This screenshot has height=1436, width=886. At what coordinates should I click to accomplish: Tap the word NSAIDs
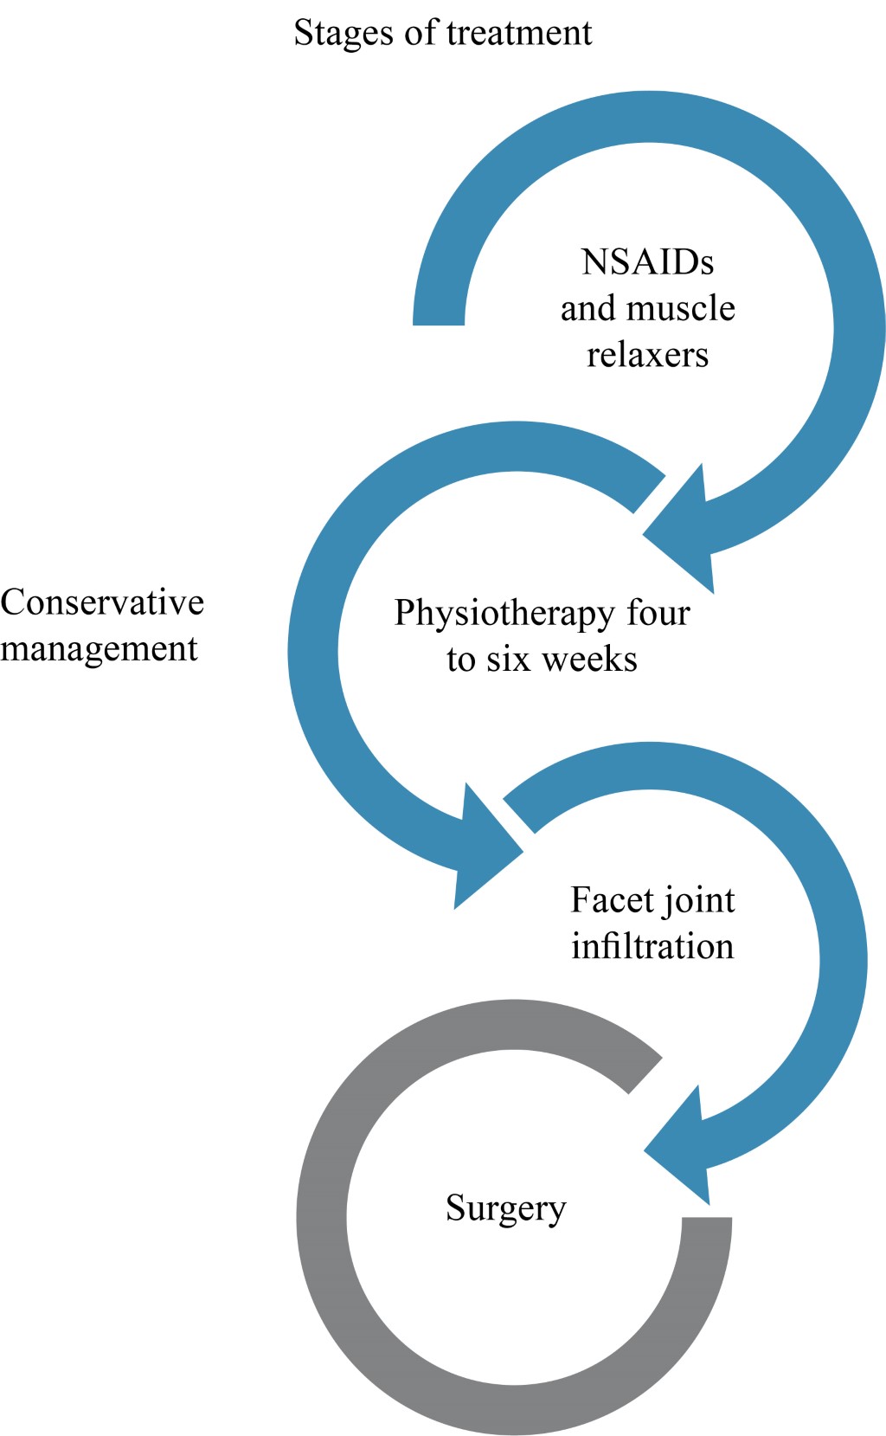tap(647, 261)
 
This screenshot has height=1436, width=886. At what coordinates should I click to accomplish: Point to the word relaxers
tap(647, 355)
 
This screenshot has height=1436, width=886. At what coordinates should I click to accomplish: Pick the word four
tap(658, 612)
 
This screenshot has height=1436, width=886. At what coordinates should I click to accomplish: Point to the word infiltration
tap(652, 947)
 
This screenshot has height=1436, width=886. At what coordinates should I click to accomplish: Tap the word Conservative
tap(102, 602)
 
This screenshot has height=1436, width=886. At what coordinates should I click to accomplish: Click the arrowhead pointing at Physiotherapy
tap(687, 532)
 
